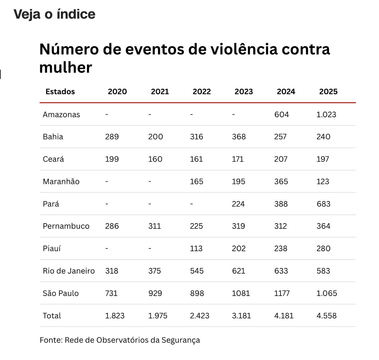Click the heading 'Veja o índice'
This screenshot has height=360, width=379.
tap(54, 14)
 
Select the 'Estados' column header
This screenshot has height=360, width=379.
tap(60, 92)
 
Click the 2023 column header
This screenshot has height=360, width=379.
tap(244, 92)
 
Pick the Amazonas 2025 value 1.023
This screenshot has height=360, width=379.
tap(326, 114)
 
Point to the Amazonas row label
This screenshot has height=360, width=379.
tap(61, 114)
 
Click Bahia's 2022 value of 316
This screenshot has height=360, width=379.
tap(196, 137)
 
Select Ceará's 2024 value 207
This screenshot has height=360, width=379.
tap(281, 159)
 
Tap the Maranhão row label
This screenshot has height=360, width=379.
tap(61, 182)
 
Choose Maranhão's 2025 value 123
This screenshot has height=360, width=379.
tap(322, 182)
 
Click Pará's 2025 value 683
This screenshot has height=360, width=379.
tap(323, 204)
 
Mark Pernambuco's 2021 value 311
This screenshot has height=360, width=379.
tap(154, 226)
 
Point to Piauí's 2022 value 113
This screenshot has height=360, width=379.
tap(196, 248)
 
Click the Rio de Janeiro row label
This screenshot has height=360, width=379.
tap(69, 271)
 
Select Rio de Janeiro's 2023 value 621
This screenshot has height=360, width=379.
tap(238, 271)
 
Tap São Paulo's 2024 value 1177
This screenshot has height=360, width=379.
tap(282, 293)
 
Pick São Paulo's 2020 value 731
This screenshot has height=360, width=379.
tap(111, 293)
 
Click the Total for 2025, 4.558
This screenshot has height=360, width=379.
tap(326, 316)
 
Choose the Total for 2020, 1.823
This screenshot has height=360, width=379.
tap(115, 316)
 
